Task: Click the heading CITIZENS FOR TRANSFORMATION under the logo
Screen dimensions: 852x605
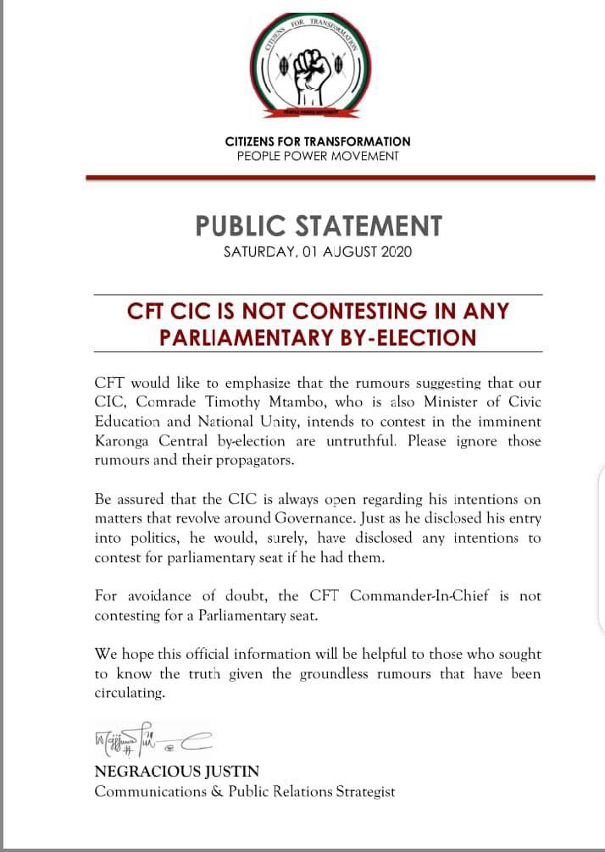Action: pyautogui.click(x=318, y=141)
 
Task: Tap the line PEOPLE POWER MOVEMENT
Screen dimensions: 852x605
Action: pyautogui.click(x=318, y=156)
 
